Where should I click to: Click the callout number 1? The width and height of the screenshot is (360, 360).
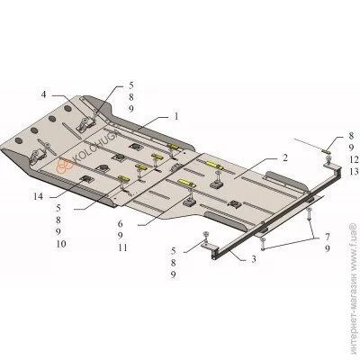pos(176,116)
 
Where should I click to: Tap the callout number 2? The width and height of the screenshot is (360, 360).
pos(284,157)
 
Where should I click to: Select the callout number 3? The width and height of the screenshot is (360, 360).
pos(254,259)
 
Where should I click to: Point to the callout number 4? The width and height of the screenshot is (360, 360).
pos(44,94)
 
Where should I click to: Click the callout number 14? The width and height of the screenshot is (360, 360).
pos(38,197)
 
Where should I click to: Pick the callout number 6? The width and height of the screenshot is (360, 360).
pos(120,223)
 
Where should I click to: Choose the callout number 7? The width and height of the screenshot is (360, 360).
pos(327,237)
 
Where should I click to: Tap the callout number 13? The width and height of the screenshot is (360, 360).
pos(354,172)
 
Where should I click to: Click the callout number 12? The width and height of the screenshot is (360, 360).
pos(354,159)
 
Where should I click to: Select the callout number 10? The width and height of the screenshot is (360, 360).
pos(61,244)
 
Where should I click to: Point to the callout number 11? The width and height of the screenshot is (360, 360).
pos(122,247)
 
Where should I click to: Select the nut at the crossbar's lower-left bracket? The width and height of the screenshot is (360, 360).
pos(206,235)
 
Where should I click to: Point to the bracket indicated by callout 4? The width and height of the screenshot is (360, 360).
pos(86,124)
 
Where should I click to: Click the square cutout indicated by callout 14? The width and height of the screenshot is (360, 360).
pos(86,179)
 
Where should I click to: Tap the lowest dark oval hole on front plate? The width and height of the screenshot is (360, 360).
pos(19,140)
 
